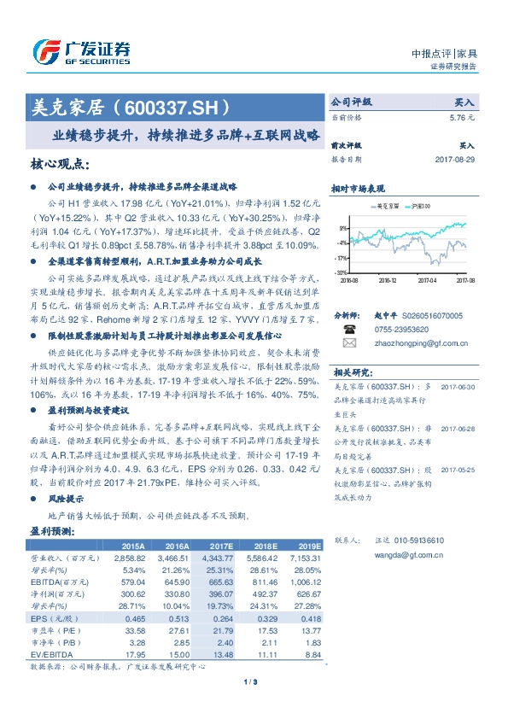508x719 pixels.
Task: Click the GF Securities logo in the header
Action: [x=80, y=52]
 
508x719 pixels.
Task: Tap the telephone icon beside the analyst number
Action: [x=347, y=327]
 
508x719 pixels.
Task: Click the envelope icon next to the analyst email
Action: [x=347, y=342]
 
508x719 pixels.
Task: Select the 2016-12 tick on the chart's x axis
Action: [x=388, y=279]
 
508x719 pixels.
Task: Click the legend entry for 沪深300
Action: [x=419, y=207]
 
